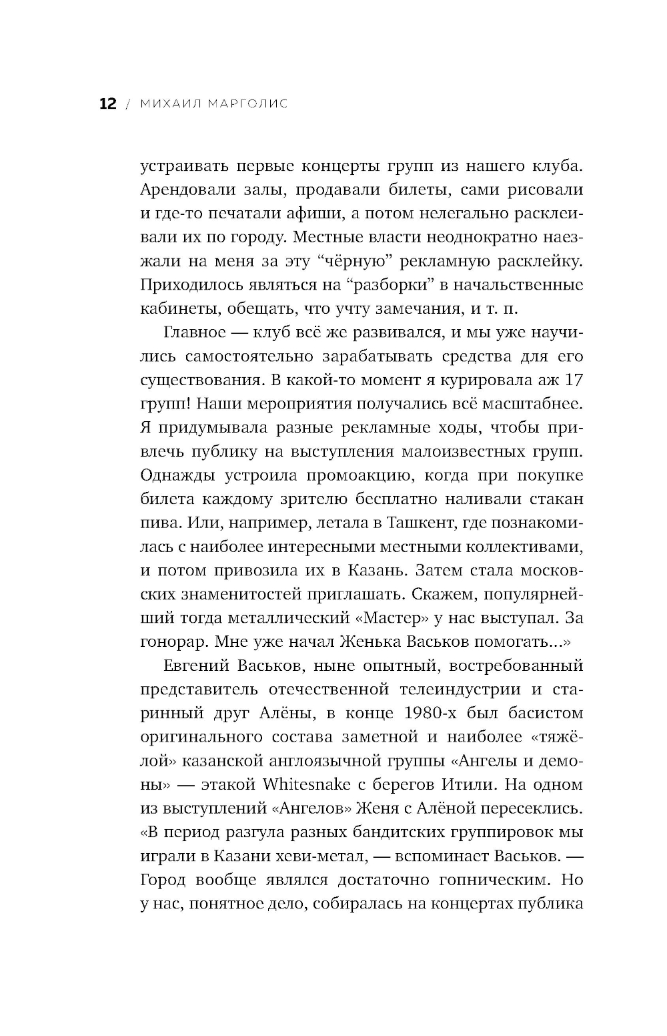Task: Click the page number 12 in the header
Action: click(107, 104)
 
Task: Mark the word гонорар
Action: click(173, 642)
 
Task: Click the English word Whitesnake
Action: click(307, 784)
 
